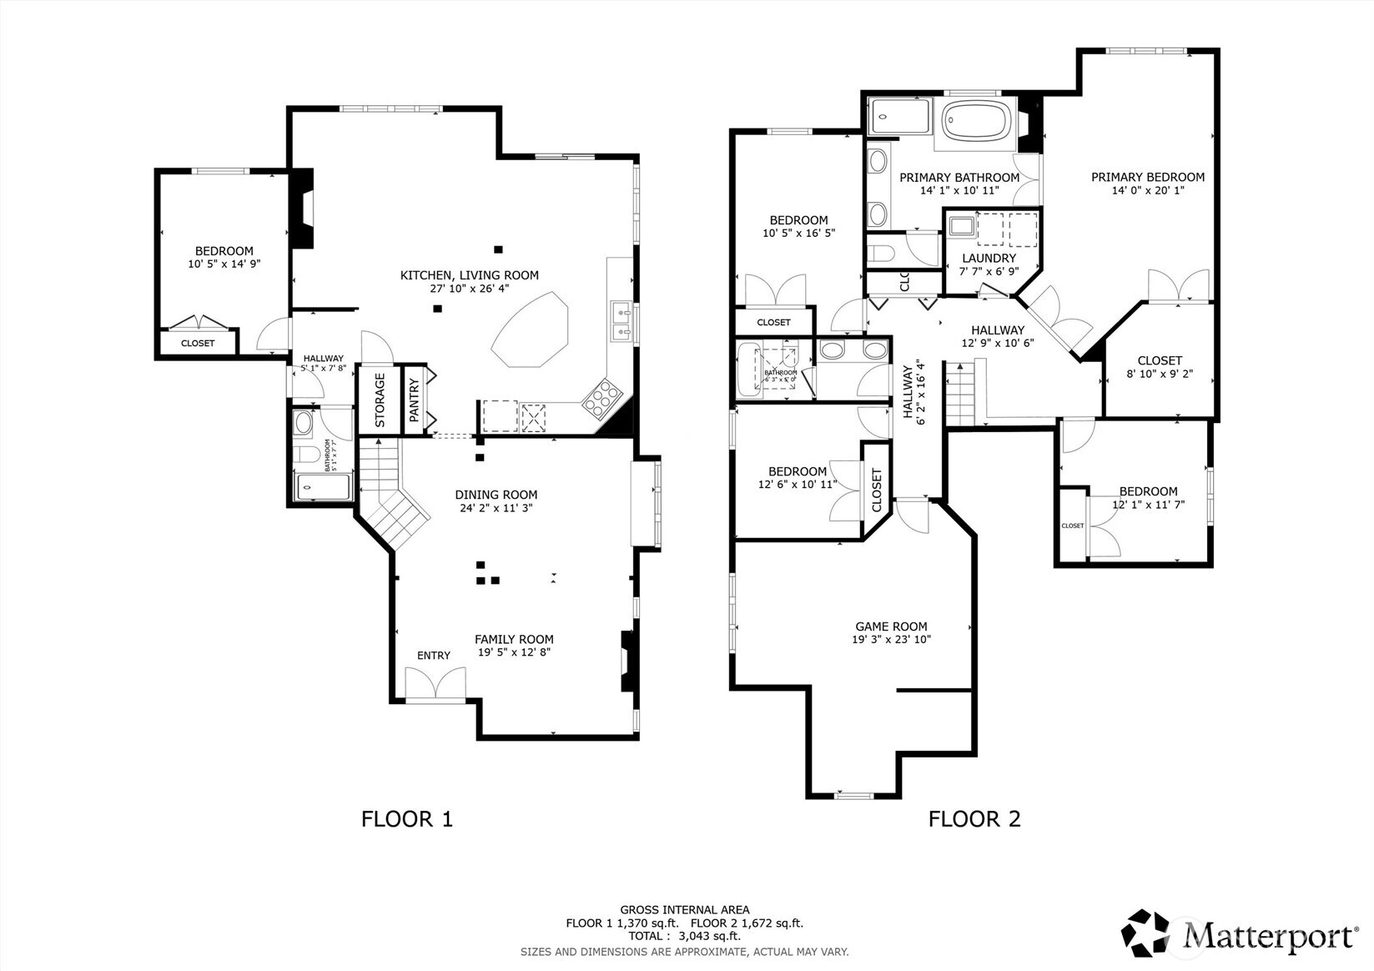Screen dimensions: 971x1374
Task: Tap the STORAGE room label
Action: tap(380, 400)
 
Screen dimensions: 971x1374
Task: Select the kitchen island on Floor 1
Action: tap(531, 330)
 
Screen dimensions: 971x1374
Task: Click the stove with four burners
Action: tap(601, 398)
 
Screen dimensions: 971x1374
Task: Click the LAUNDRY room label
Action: tap(989, 259)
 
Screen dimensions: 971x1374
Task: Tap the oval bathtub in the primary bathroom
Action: tap(979, 122)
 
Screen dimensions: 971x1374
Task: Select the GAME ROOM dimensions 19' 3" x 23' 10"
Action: tap(891, 640)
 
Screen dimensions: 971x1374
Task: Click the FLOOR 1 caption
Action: tap(406, 818)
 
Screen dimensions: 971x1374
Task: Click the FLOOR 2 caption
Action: tap(974, 818)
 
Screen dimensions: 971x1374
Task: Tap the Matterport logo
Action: tap(1238, 933)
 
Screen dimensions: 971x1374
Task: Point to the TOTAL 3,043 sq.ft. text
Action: tap(684, 936)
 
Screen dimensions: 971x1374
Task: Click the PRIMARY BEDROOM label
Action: tap(1148, 177)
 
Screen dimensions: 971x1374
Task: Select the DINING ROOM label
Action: tap(496, 495)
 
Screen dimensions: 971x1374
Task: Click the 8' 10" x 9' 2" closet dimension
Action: tap(1160, 374)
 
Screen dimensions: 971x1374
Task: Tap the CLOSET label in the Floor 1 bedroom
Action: tap(198, 343)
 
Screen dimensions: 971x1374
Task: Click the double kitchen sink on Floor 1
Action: tap(620, 322)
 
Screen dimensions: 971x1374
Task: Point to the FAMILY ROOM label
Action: tap(514, 639)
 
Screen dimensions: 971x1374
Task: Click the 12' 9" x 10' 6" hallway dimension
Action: tap(998, 343)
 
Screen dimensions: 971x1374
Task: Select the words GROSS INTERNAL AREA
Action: tap(684, 909)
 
